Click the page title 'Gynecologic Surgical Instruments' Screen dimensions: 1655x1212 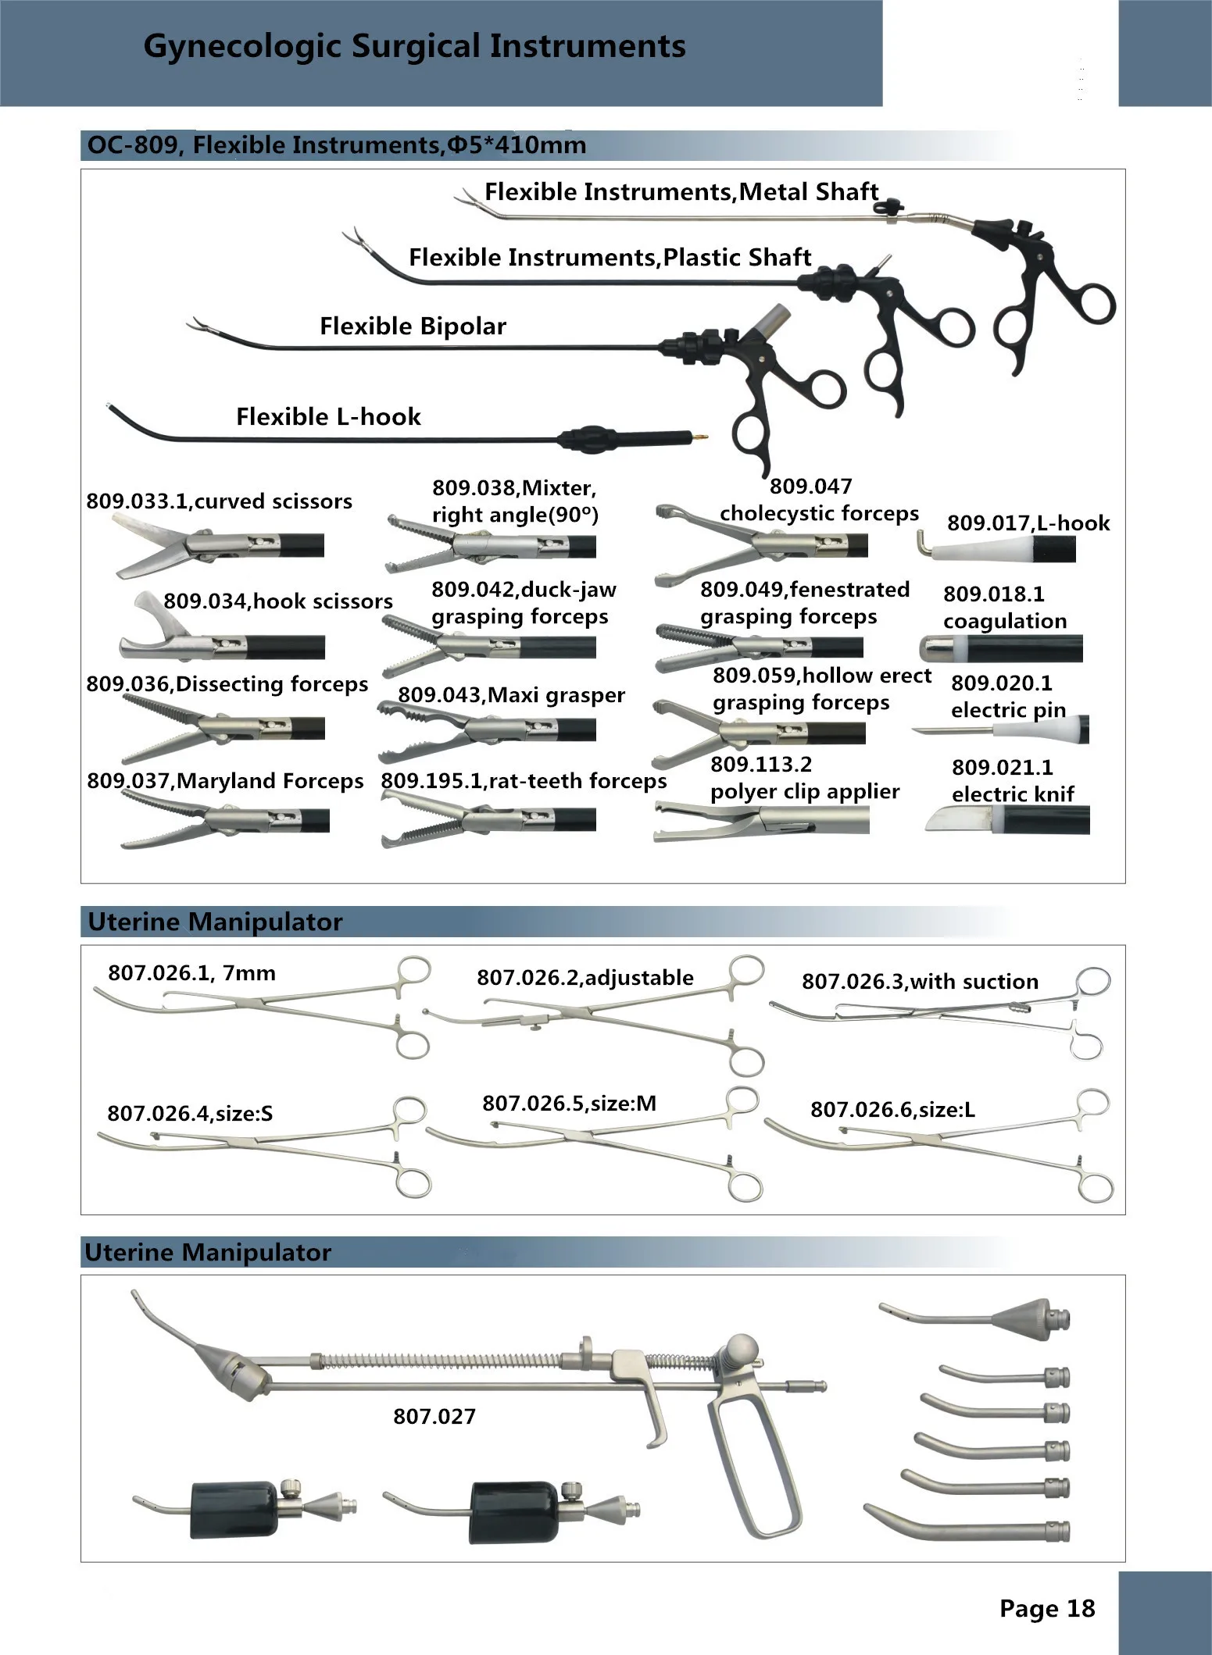pyautogui.click(x=414, y=47)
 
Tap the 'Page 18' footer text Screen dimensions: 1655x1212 pyautogui.click(x=1047, y=1608)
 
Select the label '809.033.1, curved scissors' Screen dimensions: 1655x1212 pyautogui.click(x=219, y=501)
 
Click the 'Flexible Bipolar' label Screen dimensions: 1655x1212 pyautogui.click(x=413, y=326)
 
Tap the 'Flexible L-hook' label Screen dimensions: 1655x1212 pyautogui.click(x=328, y=417)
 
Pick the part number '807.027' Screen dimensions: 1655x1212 pyautogui.click(x=434, y=1416)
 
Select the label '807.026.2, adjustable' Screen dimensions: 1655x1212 pyautogui.click(x=585, y=978)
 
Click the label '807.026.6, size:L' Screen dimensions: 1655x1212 pyautogui.click(x=892, y=1109)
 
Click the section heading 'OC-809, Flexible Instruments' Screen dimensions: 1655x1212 pyautogui.click(x=336, y=146)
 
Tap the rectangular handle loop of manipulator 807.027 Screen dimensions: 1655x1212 pyautogui.click(x=753, y=1468)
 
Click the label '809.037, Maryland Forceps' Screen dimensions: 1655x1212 pyautogui.click(x=225, y=781)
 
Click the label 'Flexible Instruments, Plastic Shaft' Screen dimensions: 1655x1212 pyautogui.click(x=610, y=258)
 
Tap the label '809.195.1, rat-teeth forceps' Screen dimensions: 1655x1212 pyautogui.click(x=524, y=781)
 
